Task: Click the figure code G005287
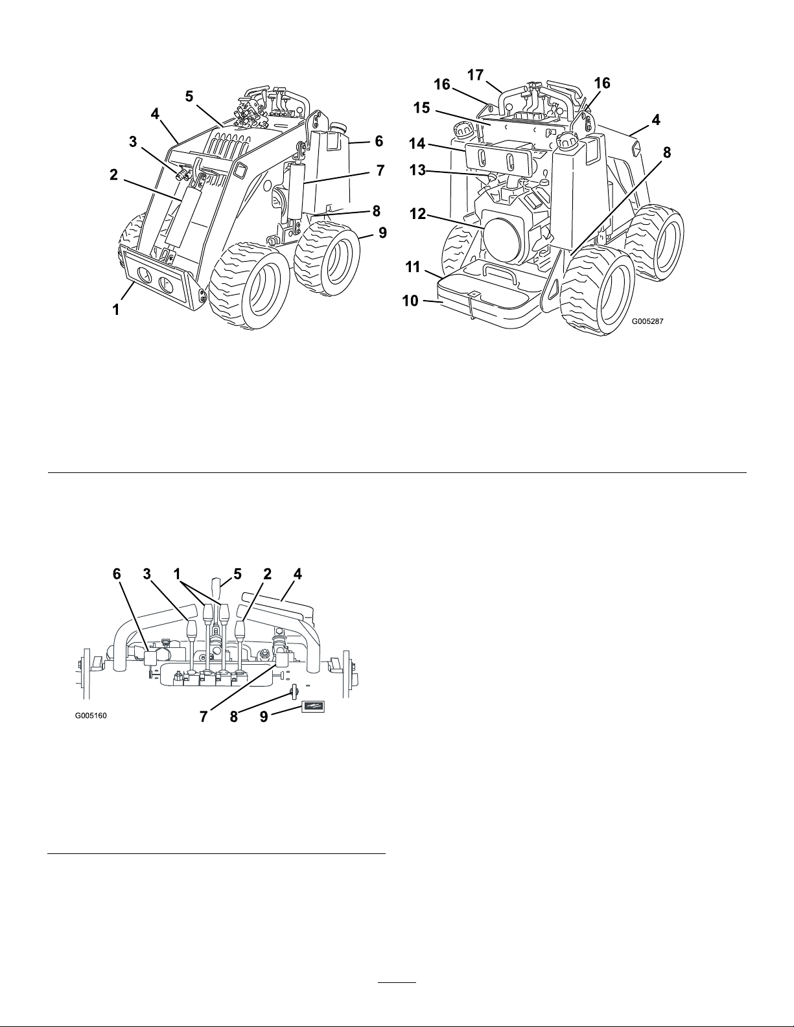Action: [x=648, y=321]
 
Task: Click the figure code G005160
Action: [x=91, y=715]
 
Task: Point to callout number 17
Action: [x=476, y=75]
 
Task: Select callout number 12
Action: [x=417, y=214]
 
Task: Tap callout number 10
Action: [x=410, y=301]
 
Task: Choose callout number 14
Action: [x=418, y=144]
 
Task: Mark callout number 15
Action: [x=421, y=108]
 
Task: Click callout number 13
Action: [x=418, y=170]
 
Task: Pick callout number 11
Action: [x=413, y=267]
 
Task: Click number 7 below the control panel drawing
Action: [x=204, y=717]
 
